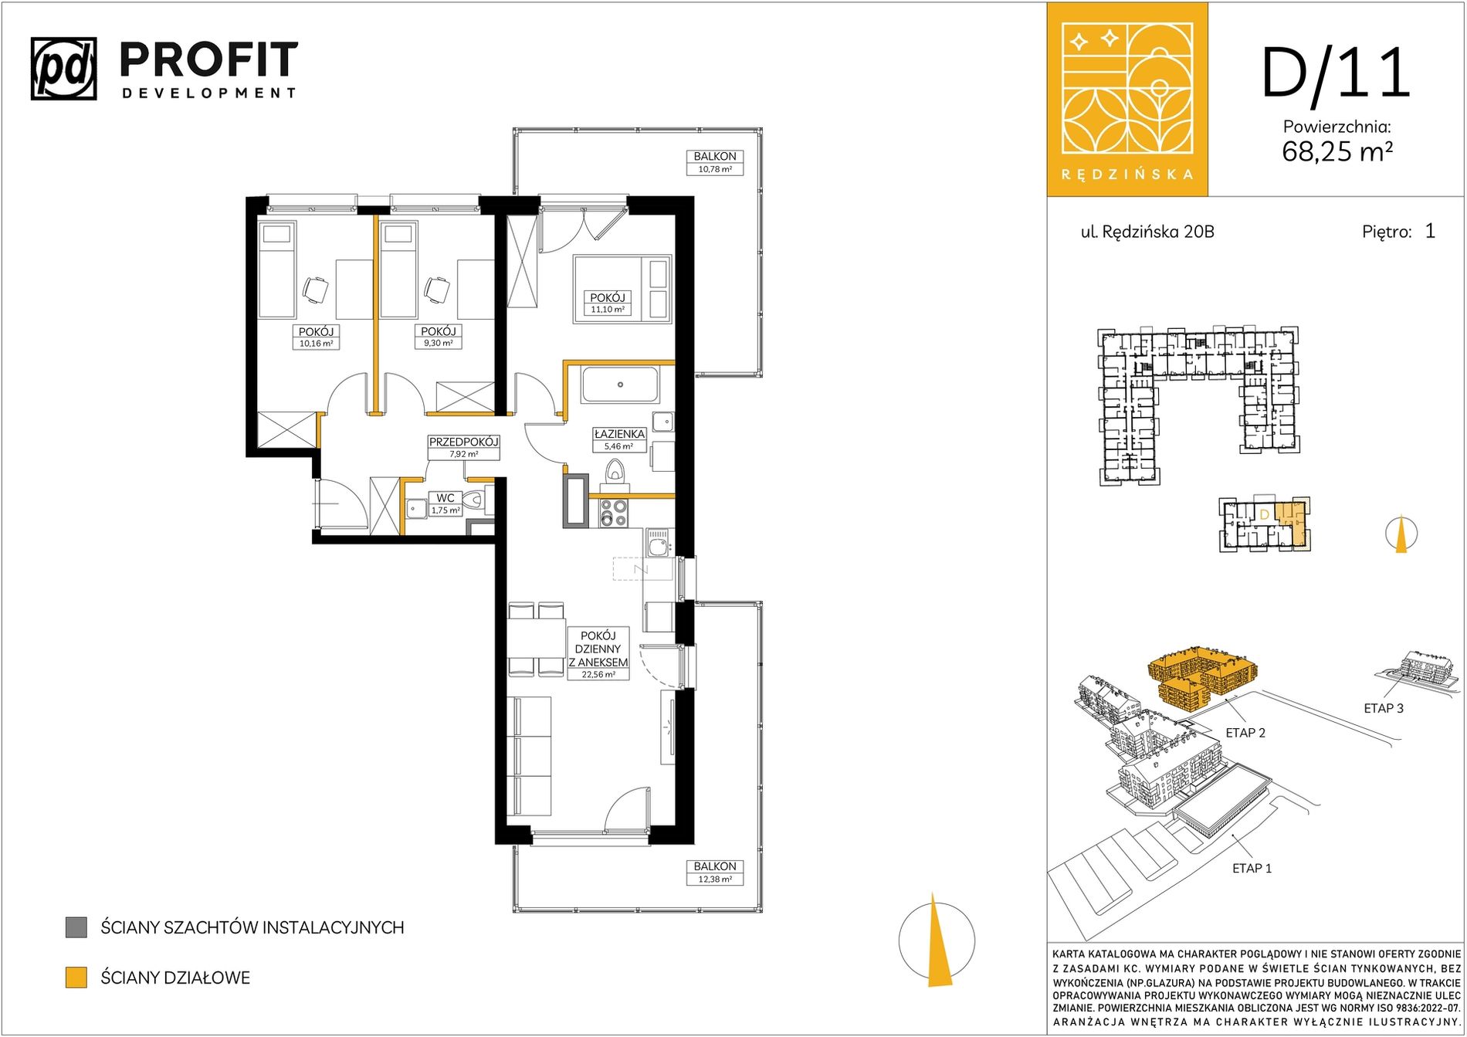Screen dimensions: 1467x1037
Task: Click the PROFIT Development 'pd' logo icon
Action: click(64, 69)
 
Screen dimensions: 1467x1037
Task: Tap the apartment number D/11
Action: click(1337, 74)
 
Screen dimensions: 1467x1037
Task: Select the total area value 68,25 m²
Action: click(1337, 151)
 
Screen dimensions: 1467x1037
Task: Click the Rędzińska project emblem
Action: click(1127, 99)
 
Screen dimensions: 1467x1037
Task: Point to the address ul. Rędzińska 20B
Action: click(1147, 232)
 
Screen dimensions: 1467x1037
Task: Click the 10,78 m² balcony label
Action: click(715, 162)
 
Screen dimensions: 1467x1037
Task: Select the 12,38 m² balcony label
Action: click(715, 873)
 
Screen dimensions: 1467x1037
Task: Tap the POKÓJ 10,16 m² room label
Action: click(316, 337)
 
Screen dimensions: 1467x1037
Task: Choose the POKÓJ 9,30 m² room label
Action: click(438, 337)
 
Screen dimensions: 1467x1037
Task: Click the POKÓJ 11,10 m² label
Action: click(608, 303)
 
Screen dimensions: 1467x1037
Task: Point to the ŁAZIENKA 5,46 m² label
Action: click(618, 439)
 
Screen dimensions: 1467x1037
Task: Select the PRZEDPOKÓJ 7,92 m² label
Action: click(463, 448)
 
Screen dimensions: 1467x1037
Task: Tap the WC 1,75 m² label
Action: click(446, 504)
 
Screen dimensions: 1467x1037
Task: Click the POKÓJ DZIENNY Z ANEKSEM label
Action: click(598, 654)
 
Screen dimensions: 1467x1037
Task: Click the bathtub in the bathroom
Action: click(620, 385)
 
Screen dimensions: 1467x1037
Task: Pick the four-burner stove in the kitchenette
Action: click(614, 513)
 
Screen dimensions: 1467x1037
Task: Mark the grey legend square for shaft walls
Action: click(76, 927)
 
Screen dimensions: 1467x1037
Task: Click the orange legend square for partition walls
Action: click(76, 978)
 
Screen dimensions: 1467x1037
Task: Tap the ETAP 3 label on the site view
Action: click(1384, 708)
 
